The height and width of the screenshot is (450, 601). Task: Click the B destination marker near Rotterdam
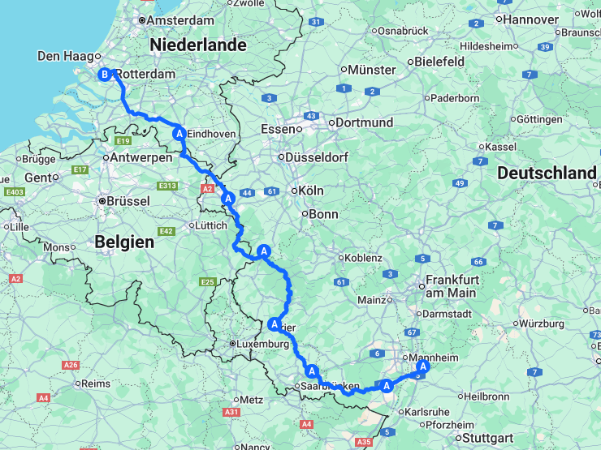point(104,75)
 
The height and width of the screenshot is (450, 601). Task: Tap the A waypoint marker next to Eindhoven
point(178,133)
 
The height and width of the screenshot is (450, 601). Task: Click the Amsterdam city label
point(181,19)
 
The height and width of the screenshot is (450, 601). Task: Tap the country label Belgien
point(124,242)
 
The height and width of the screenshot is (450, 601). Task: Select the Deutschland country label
point(547,173)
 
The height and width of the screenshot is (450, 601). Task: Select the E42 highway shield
point(167,231)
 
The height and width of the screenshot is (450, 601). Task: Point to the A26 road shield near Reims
point(71,365)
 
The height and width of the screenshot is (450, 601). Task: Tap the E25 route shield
point(207,281)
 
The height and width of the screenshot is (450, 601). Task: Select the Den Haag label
point(64,56)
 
